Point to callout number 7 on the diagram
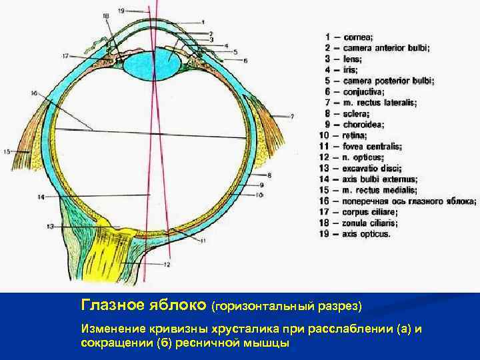[x=291, y=116]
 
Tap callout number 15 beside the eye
[x=7, y=152]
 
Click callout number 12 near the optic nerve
[x=167, y=265]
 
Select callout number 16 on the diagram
[x=33, y=93]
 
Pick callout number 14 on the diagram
[x=41, y=197]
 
